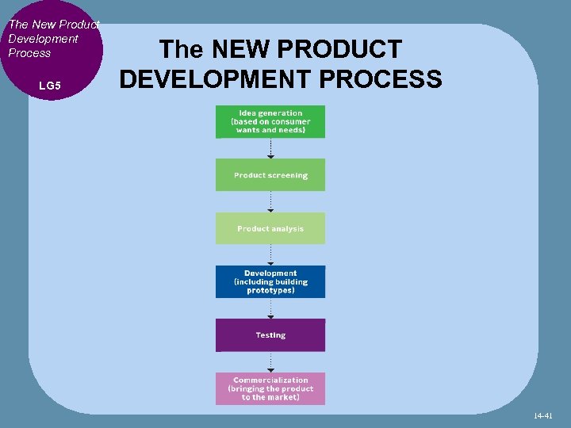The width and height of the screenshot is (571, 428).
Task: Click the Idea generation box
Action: click(x=270, y=122)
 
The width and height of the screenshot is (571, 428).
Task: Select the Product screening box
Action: click(x=270, y=175)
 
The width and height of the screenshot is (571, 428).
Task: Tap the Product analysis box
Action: click(x=270, y=228)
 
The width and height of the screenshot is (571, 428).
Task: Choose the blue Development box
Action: click(x=270, y=281)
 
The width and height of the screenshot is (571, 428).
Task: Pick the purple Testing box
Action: click(x=270, y=334)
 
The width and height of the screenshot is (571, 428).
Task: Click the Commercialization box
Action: click(x=270, y=388)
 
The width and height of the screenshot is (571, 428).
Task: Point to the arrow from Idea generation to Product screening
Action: click(x=270, y=149)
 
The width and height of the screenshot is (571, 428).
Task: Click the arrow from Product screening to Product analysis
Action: click(x=270, y=202)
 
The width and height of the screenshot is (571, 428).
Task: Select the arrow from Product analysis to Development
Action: click(x=270, y=255)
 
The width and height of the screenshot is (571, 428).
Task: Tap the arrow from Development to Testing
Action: click(x=270, y=308)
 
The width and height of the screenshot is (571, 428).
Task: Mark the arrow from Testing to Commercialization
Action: click(x=270, y=362)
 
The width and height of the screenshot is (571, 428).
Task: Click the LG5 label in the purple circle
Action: click(x=49, y=85)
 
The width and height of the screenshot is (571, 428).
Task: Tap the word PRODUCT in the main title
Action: click(x=347, y=50)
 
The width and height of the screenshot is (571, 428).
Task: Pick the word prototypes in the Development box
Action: click(x=270, y=290)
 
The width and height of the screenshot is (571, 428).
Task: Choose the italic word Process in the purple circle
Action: click(x=29, y=53)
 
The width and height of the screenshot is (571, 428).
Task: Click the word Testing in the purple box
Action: click(x=270, y=335)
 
